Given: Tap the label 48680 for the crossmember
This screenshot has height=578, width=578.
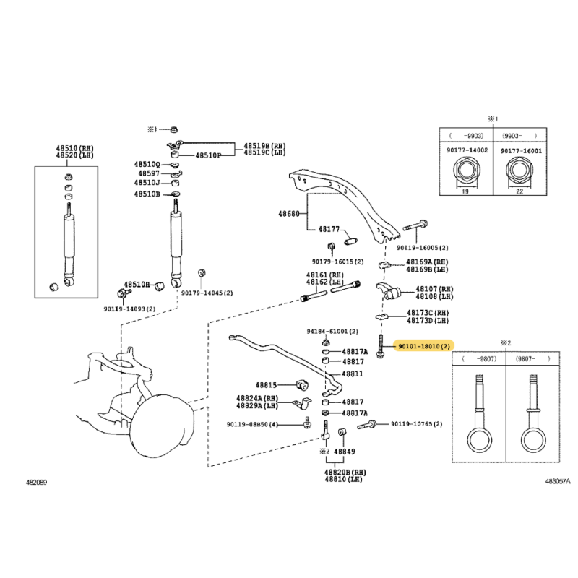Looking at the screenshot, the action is (x=288, y=214).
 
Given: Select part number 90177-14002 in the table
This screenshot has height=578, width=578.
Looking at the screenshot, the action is (x=467, y=150).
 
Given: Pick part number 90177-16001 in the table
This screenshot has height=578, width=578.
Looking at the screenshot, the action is (x=521, y=151).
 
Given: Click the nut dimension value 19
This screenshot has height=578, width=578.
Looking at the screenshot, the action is (x=465, y=191).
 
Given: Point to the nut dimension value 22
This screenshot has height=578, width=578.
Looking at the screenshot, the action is (x=519, y=191).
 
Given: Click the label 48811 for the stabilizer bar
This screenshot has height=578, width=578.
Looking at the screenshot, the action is (x=352, y=374).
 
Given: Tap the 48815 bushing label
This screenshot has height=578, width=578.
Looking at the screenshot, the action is (x=266, y=385).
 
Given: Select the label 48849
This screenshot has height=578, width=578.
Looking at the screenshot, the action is (x=345, y=452).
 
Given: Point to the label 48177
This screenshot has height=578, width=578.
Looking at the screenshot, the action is (x=329, y=229).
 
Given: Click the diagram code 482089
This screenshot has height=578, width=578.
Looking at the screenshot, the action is (x=36, y=482).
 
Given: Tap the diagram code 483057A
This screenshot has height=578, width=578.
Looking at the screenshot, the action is (x=558, y=481).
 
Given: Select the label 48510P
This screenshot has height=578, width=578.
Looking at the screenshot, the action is (x=208, y=155).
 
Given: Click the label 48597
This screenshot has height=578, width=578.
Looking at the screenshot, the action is (x=149, y=173).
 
